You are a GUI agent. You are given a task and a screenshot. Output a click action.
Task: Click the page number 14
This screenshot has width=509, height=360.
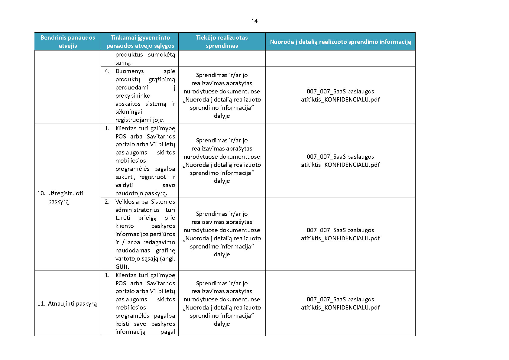pos(254,21)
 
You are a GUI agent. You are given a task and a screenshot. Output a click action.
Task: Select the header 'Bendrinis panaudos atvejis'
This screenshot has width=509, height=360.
pos(68,41)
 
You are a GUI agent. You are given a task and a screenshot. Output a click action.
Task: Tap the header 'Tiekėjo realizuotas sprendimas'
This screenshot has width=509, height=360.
pos(222,41)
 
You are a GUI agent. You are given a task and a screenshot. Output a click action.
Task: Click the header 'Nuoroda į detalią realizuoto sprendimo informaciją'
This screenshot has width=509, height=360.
pos(340,42)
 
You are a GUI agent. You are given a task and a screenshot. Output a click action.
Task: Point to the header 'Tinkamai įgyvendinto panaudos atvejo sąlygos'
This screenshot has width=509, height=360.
pos(140,41)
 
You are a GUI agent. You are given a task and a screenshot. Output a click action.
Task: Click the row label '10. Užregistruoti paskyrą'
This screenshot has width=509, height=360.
pos(60,197)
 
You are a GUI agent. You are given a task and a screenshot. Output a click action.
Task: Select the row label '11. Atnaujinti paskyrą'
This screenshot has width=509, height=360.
pos(67,303)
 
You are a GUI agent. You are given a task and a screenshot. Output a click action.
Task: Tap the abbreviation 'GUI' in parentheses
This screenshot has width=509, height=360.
pos(122,267)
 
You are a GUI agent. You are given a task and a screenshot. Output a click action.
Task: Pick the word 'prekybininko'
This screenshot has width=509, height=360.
pos(133,96)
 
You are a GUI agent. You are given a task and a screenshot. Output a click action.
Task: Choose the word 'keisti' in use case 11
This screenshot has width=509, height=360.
pos(122,324)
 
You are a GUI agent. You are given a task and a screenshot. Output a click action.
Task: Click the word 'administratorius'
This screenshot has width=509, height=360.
pos(137,210)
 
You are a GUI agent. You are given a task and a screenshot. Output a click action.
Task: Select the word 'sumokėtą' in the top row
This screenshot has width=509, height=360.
pos(161,54)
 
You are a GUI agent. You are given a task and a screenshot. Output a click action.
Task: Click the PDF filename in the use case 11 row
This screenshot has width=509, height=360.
pos(340,303)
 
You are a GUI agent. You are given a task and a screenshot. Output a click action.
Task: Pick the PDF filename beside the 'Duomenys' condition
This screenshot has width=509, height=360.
pos(340,96)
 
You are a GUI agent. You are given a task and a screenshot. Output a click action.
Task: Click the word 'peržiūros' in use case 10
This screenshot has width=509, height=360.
pos(163,234)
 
